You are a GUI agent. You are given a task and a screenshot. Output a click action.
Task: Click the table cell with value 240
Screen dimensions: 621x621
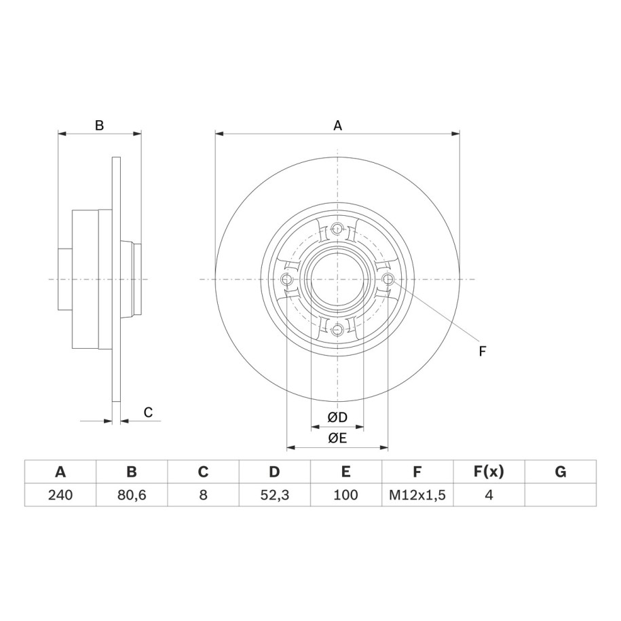60,495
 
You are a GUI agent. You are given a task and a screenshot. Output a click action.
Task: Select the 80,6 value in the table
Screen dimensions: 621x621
132,495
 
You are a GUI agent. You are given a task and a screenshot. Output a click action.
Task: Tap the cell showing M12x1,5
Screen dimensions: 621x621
417,495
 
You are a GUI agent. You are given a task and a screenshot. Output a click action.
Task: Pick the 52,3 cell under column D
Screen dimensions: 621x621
274,495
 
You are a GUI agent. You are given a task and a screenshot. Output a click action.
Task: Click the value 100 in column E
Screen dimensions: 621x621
345,495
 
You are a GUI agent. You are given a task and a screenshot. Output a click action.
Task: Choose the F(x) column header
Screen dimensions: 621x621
489,472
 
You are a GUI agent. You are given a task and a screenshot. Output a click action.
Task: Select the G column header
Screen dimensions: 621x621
561,472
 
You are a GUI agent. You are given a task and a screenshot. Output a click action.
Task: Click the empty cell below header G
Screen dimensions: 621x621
561,495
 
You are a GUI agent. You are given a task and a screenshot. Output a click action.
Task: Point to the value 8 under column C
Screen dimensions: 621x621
203,495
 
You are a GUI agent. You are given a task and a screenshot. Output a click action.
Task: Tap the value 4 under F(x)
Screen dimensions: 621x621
489,495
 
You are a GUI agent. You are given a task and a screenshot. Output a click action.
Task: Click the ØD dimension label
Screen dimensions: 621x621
337,417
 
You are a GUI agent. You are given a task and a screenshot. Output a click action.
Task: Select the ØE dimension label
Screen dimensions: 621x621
337,438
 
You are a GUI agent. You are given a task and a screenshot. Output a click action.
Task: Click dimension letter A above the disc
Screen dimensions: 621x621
337,126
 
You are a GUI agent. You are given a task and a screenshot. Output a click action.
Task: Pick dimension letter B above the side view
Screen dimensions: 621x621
99,126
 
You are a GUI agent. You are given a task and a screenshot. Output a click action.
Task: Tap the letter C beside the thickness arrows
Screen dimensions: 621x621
148,413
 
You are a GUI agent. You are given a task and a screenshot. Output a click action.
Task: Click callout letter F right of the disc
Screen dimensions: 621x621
482,352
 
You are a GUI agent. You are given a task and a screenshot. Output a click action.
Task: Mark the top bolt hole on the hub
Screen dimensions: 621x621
337,228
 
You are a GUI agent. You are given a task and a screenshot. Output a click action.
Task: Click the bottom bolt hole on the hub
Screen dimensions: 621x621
337,330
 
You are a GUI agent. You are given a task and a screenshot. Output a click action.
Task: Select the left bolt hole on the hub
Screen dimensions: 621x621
286,279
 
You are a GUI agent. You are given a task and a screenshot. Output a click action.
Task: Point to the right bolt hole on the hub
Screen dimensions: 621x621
388,279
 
